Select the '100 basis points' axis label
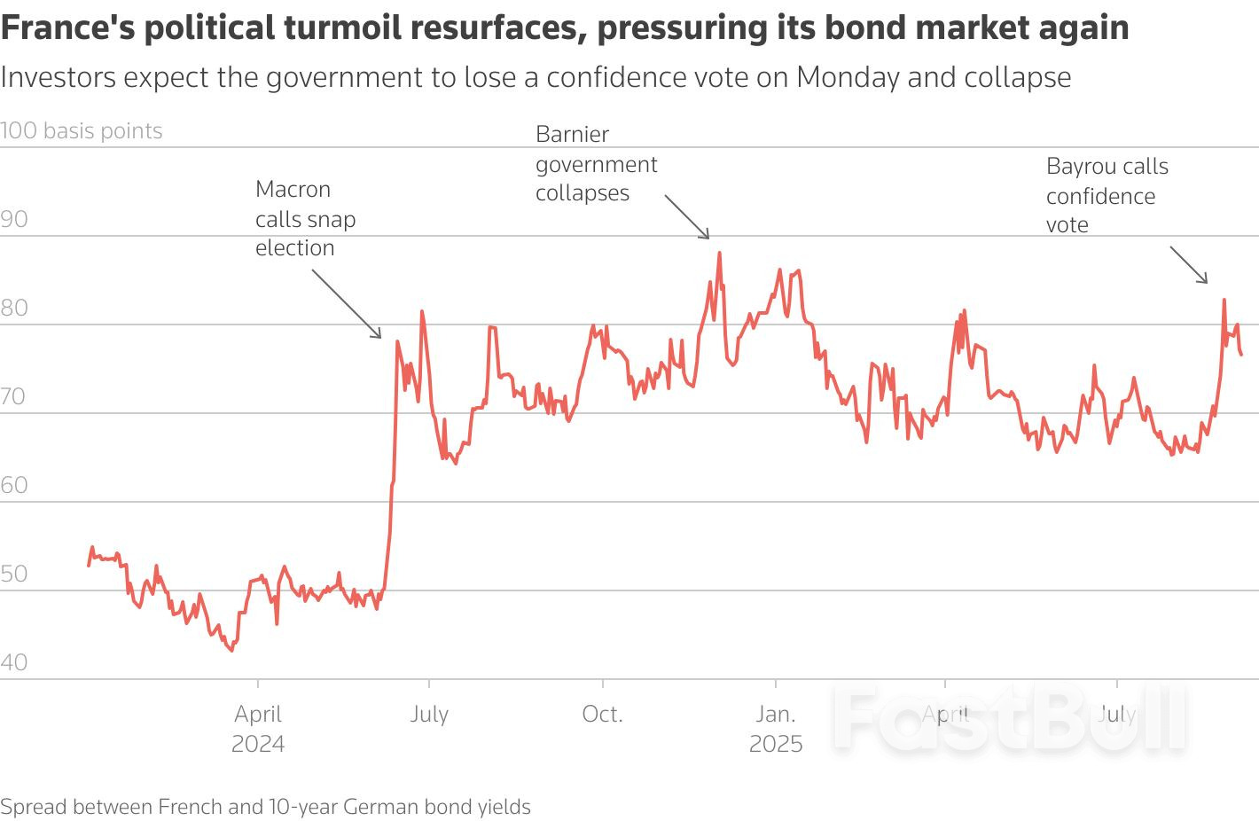point(82,131)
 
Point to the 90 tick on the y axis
point(15,220)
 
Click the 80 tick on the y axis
point(15,309)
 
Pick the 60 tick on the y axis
point(15,486)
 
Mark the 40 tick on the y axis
point(15,662)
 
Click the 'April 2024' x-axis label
point(258,728)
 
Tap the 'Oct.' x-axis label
point(602,714)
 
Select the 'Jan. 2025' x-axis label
point(775,728)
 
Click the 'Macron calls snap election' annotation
point(305,218)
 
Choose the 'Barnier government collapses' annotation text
point(596,164)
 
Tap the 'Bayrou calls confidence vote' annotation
point(1107,195)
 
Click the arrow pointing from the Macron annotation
point(347,303)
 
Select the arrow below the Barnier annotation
point(687,217)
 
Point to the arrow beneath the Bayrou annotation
point(1189,265)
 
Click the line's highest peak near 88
point(719,254)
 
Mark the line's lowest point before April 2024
point(232,650)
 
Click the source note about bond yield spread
point(265,807)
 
